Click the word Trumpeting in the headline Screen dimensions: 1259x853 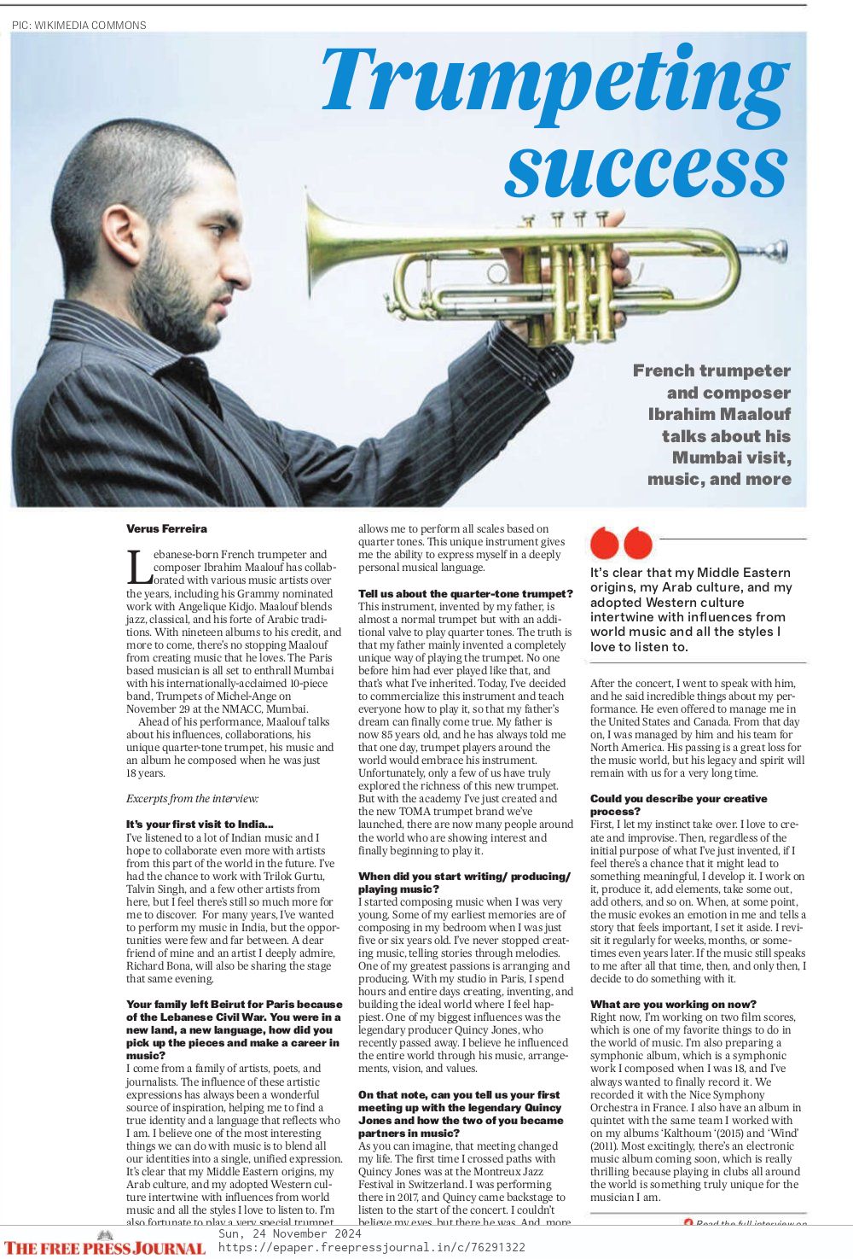click(x=554, y=81)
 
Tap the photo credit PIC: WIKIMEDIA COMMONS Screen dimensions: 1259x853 click(x=79, y=25)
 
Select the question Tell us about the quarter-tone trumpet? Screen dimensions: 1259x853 click(x=465, y=593)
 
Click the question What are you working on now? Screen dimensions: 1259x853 click(x=673, y=1004)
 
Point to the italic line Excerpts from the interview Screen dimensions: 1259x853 click(x=192, y=799)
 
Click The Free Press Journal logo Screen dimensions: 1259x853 click(x=104, y=1247)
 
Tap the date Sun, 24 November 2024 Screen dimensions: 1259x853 click(x=290, y=1234)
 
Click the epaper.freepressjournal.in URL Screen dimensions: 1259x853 click(x=371, y=1248)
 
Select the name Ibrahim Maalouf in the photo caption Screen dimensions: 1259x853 click(x=719, y=414)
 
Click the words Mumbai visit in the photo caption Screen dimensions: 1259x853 click(x=731, y=457)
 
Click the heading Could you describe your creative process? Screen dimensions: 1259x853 click(x=678, y=805)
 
